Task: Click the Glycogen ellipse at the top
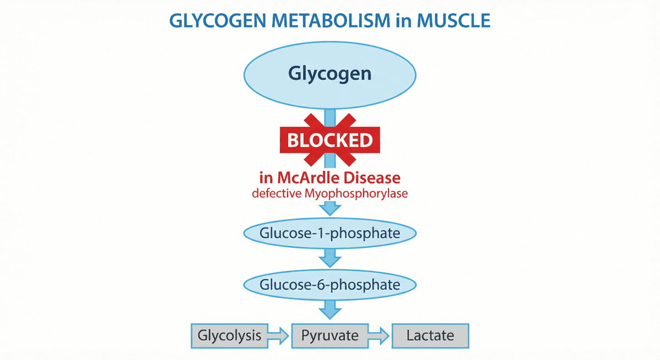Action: click(x=329, y=74)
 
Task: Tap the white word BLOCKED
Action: click(x=329, y=141)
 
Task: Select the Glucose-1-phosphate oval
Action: click(x=329, y=233)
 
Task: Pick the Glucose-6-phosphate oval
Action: click(x=329, y=285)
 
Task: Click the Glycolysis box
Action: click(x=229, y=335)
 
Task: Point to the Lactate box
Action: click(x=430, y=335)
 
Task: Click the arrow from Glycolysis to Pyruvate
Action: click(x=279, y=335)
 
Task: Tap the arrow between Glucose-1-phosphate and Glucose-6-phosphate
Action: click(x=330, y=257)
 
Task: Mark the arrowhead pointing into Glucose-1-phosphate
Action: click(x=330, y=209)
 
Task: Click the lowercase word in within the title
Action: click(x=404, y=21)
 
